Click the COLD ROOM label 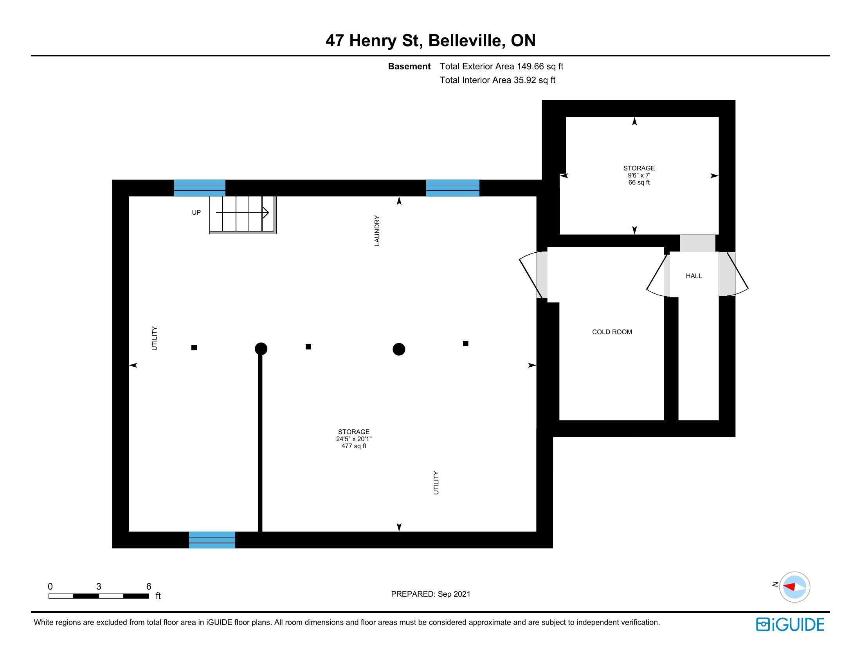612,332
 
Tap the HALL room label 694,276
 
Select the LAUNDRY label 377,230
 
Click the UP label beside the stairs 196,212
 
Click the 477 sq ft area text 354,446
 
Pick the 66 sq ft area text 639,182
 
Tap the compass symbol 794,587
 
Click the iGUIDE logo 790,624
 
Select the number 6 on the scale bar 149,586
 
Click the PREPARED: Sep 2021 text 430,594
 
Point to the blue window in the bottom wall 212,540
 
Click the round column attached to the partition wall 261,349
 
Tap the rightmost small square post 466,344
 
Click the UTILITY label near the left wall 154,338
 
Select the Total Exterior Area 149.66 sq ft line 501,66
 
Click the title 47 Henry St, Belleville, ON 430,40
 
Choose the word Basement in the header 409,66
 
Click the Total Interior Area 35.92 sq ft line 497,80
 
